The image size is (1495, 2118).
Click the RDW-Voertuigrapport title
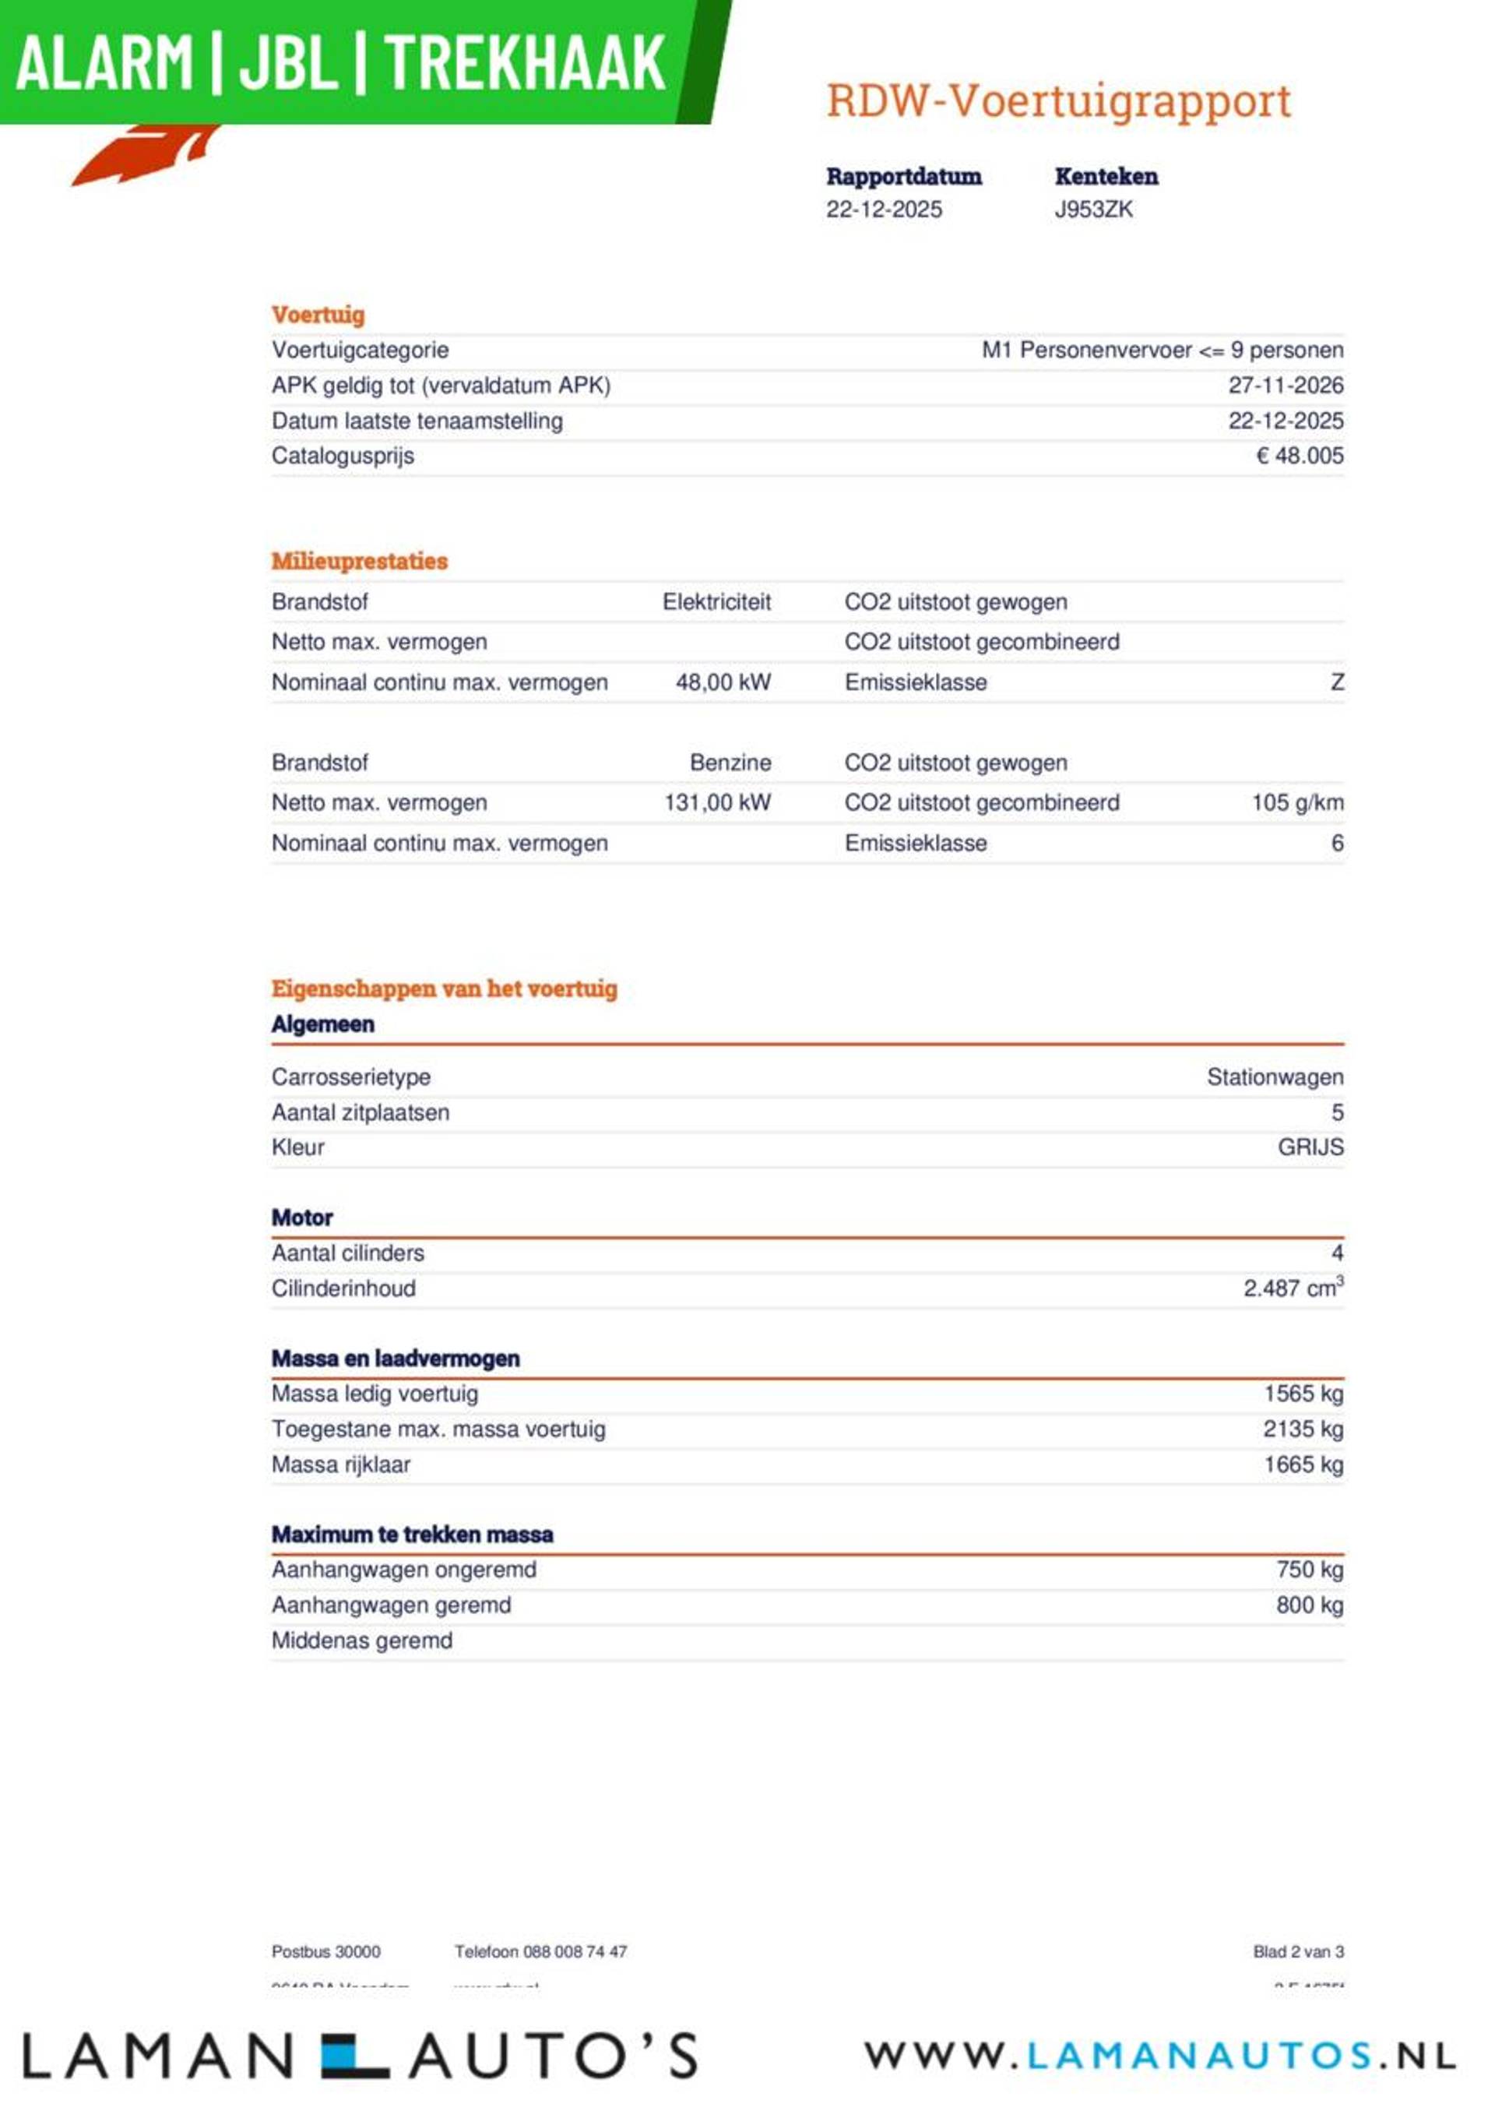[x=1058, y=101]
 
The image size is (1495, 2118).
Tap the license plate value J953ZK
[x=1093, y=210]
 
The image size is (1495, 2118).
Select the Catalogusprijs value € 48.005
[x=1300, y=456]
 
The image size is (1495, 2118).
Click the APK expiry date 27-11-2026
[x=1285, y=386]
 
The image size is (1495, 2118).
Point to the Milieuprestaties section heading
[x=359, y=561]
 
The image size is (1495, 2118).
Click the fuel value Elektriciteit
[x=716, y=602]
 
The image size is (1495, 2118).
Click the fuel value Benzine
[x=730, y=763]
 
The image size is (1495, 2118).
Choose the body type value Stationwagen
[x=1275, y=1077]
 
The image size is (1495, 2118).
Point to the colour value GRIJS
[x=1310, y=1147]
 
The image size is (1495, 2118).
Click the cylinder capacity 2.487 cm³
[x=1292, y=1288]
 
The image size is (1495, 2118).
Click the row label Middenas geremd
[x=361, y=1640]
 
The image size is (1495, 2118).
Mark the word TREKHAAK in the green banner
[x=524, y=63]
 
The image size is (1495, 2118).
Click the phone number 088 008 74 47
[x=575, y=1952]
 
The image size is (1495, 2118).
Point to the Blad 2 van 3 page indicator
[x=1298, y=1952]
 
